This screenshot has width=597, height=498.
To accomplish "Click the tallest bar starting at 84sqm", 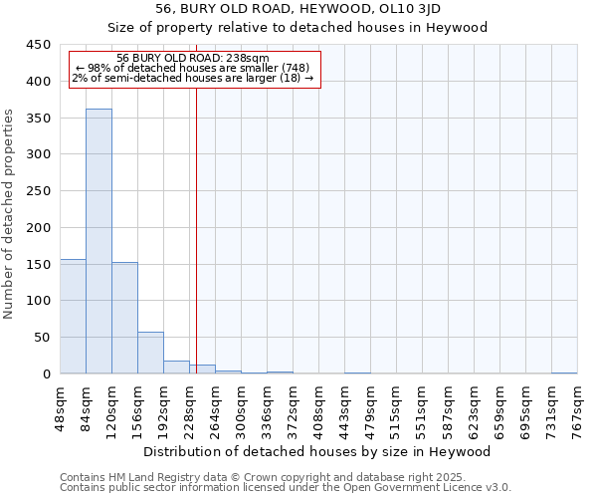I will (x=99, y=241).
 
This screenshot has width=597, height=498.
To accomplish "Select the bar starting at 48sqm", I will (x=73, y=316).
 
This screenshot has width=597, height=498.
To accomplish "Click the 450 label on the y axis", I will (x=38, y=45).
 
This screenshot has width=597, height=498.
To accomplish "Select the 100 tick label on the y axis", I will (x=38, y=301).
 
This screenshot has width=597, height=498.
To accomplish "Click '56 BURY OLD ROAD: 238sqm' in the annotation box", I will (x=192, y=59).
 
